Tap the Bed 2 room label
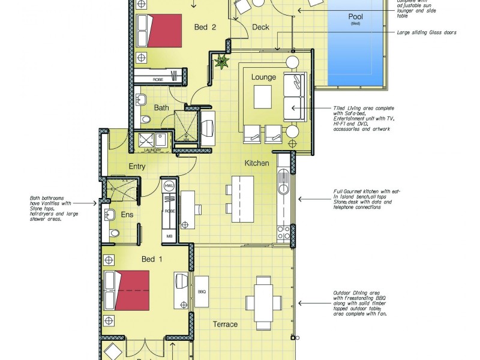[205, 27]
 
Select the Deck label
[260, 27]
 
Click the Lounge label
[263, 77]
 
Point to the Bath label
[161, 108]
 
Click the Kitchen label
[257, 163]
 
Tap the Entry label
[137, 166]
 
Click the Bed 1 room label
[152, 259]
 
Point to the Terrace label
[225, 325]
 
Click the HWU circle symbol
[169, 186]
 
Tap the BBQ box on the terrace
[202, 292]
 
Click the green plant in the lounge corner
[224, 61]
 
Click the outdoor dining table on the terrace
[265, 295]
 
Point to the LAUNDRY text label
[153, 150]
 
